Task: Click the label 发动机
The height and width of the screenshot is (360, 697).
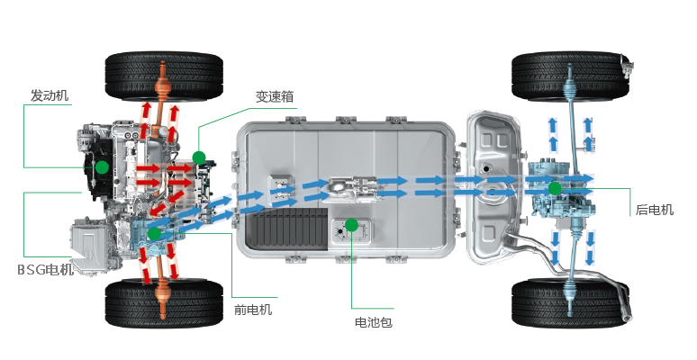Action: (x=50, y=95)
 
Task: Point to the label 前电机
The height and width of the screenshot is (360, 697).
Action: (x=253, y=310)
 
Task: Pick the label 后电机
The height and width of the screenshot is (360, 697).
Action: (x=655, y=210)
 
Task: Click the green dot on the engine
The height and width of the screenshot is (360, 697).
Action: (x=102, y=167)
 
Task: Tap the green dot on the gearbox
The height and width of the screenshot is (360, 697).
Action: (x=198, y=157)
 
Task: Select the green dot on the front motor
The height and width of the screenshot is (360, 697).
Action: (x=155, y=233)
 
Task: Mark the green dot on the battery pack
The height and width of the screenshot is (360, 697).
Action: (x=352, y=224)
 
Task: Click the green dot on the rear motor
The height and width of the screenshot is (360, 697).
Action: (x=555, y=187)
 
